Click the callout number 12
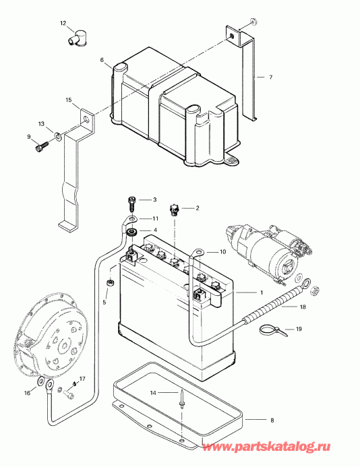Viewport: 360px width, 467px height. (63, 24)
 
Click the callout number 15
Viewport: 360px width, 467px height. (68, 100)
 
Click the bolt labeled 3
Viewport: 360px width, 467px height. (131, 201)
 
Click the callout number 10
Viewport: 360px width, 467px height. (222, 252)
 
